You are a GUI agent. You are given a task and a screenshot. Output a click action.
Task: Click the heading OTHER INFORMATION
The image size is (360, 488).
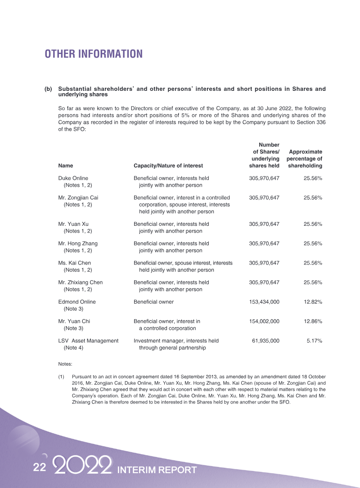pyautogui.click(x=94, y=54)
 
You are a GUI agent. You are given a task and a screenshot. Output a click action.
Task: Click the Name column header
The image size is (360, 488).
pyautogui.click(x=66, y=166)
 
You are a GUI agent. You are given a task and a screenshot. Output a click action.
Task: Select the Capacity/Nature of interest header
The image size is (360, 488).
pyautogui.click(x=168, y=166)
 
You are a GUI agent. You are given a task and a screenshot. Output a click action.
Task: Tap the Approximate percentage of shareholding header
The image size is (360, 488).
pyautogui.click(x=305, y=159)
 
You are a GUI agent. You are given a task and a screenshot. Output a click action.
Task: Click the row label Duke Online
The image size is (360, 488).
pyautogui.click(x=73, y=179)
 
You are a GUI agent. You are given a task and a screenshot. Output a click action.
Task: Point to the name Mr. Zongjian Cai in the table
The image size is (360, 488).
pyautogui.click(x=78, y=198)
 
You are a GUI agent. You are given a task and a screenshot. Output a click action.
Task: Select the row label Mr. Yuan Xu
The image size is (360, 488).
pyautogui.click(x=73, y=224)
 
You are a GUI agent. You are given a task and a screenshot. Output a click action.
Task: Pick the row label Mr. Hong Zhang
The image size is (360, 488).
pyautogui.click(x=78, y=243)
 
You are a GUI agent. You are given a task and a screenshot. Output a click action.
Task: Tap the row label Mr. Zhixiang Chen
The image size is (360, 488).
pyautogui.click(x=81, y=282)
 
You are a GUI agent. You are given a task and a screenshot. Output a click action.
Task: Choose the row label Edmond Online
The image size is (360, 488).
pyautogui.click(x=77, y=302)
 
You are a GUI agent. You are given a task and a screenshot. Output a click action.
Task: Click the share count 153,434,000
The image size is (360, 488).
pyautogui.click(x=264, y=302)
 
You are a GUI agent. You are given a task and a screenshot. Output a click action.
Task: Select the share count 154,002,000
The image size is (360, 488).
pyautogui.click(x=264, y=322)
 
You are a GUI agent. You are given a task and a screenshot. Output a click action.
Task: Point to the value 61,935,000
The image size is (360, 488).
pyautogui.click(x=265, y=341)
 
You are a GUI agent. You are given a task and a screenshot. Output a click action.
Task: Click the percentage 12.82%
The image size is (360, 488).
pyautogui.click(x=313, y=302)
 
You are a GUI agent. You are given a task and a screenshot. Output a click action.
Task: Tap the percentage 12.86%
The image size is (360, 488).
pyautogui.click(x=313, y=322)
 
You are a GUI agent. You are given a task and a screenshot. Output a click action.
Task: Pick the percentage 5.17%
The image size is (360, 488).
pyautogui.click(x=314, y=341)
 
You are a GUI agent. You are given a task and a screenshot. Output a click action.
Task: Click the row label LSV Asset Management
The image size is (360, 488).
pyautogui.click(x=89, y=341)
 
